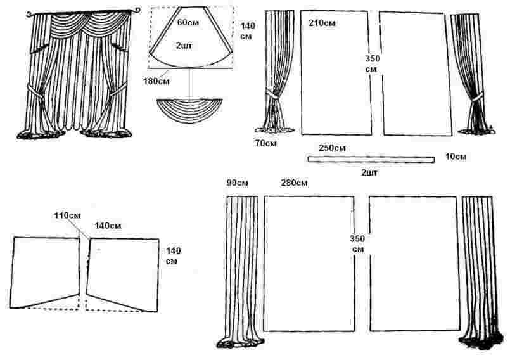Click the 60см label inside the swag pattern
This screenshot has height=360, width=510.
click(x=186, y=23)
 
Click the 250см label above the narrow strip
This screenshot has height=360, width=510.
click(x=332, y=148)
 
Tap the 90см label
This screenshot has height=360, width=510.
click(x=238, y=184)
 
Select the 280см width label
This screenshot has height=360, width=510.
click(x=293, y=184)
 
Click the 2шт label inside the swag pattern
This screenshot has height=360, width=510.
click(x=186, y=46)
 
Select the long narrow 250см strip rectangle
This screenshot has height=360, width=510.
click(x=371, y=159)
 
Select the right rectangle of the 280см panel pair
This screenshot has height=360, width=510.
click(x=413, y=263)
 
